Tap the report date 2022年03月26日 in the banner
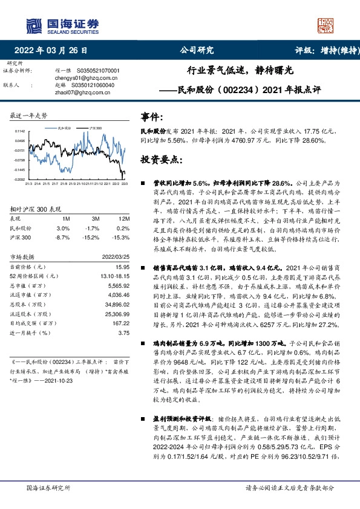[54, 51]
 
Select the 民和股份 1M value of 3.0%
[63, 228]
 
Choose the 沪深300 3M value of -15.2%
[92, 238]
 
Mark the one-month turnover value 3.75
[123, 332]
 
